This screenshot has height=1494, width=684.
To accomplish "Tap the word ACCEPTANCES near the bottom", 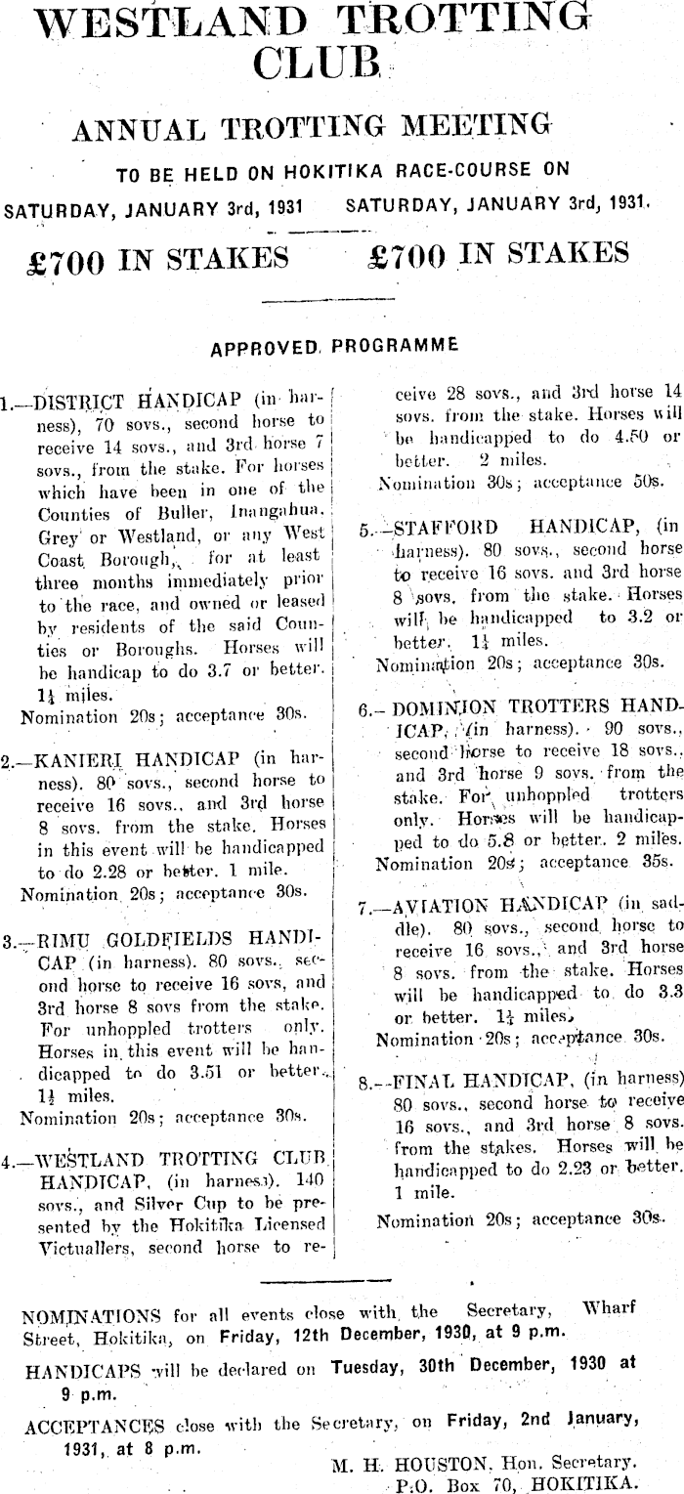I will [92, 1425].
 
